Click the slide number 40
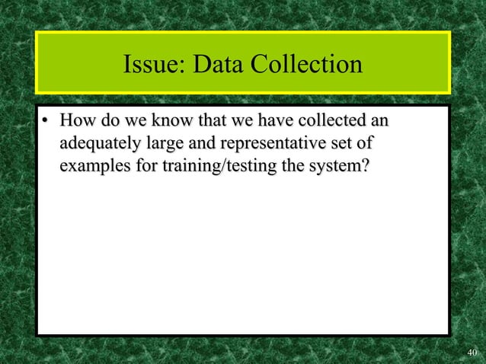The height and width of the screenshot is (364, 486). [x=472, y=352]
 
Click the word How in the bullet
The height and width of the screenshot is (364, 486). [x=77, y=121]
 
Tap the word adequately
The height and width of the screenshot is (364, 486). [x=96, y=143]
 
